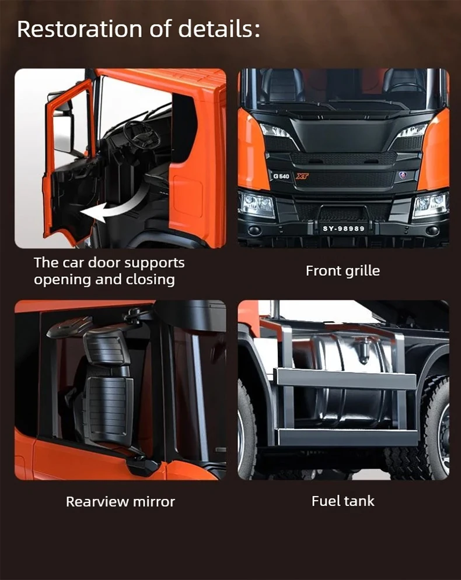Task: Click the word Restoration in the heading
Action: click(x=79, y=29)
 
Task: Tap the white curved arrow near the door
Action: click(x=111, y=210)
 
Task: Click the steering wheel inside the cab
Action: click(x=141, y=134)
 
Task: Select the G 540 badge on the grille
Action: click(x=281, y=176)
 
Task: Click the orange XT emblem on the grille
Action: click(x=302, y=176)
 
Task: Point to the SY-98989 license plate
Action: click(x=344, y=229)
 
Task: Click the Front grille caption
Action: click(x=343, y=271)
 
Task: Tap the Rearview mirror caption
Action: click(x=120, y=501)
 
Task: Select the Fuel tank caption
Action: click(x=343, y=501)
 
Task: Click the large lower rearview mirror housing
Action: click(x=109, y=409)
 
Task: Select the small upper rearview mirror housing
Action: click(x=106, y=347)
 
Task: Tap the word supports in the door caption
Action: click(x=154, y=263)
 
